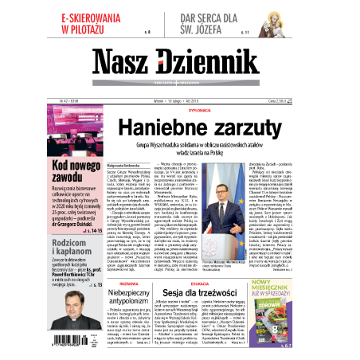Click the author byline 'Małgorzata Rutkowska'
coord(123,161)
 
